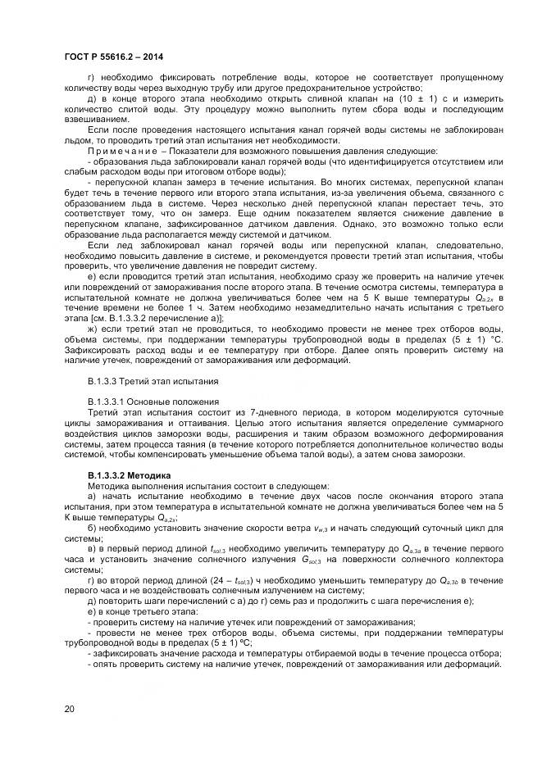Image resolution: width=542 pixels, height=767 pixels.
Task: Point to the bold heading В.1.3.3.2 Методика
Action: (x=129, y=475)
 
